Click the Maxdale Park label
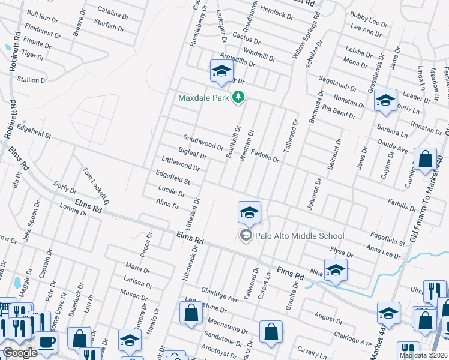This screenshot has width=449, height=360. [204, 97]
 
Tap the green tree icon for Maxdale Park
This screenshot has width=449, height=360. [239, 97]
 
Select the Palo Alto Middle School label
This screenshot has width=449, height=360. [300, 236]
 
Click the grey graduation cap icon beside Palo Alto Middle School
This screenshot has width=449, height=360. [246, 236]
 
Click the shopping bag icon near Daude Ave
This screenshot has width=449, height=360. [425, 160]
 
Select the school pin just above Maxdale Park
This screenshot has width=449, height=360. [221, 71]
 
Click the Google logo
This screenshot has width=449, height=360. [19, 353]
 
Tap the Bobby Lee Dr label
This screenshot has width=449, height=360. [369, 22]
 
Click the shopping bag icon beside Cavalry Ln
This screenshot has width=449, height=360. [271, 332]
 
